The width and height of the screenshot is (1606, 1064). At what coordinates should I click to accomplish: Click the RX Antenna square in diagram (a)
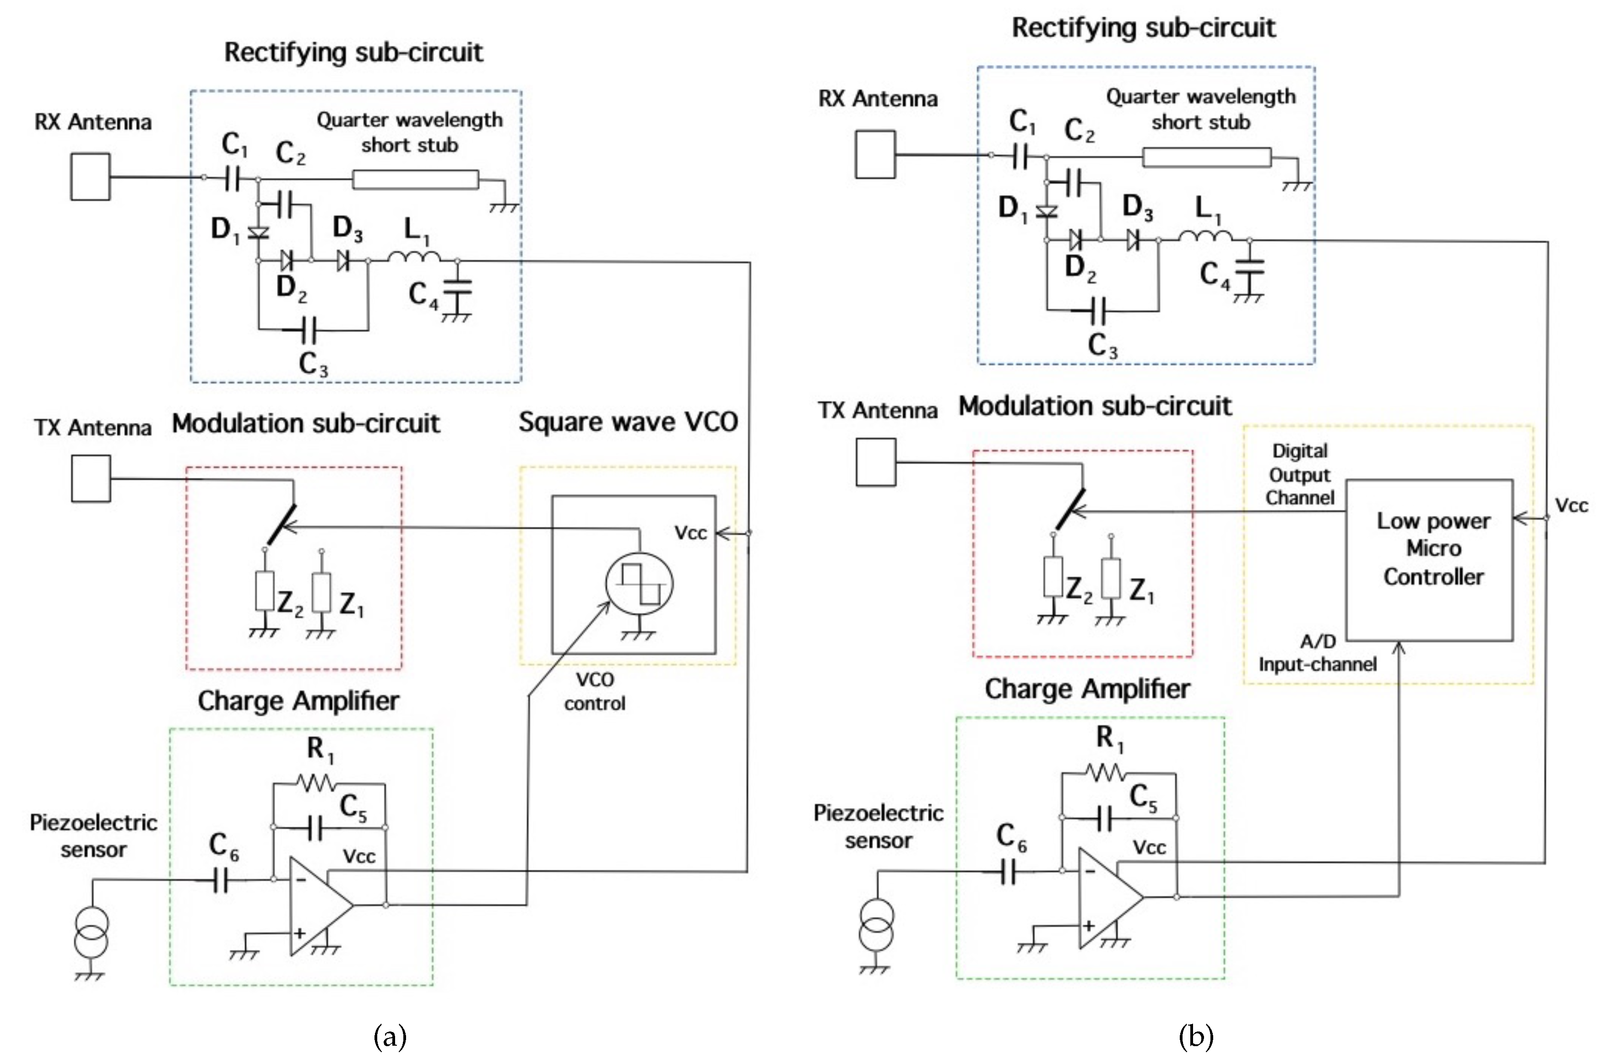90,176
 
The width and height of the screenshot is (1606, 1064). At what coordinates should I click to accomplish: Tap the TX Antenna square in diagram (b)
875,462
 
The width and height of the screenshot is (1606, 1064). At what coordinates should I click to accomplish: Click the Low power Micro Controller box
1429,560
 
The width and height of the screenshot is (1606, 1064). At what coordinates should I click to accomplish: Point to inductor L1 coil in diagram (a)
414,257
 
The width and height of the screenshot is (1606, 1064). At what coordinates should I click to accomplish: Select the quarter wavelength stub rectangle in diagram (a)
415,180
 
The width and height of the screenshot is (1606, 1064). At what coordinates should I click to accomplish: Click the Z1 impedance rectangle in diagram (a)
321,592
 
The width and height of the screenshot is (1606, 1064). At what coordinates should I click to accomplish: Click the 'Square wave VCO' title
628,422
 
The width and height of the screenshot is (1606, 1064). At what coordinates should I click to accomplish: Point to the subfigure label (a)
390,1037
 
